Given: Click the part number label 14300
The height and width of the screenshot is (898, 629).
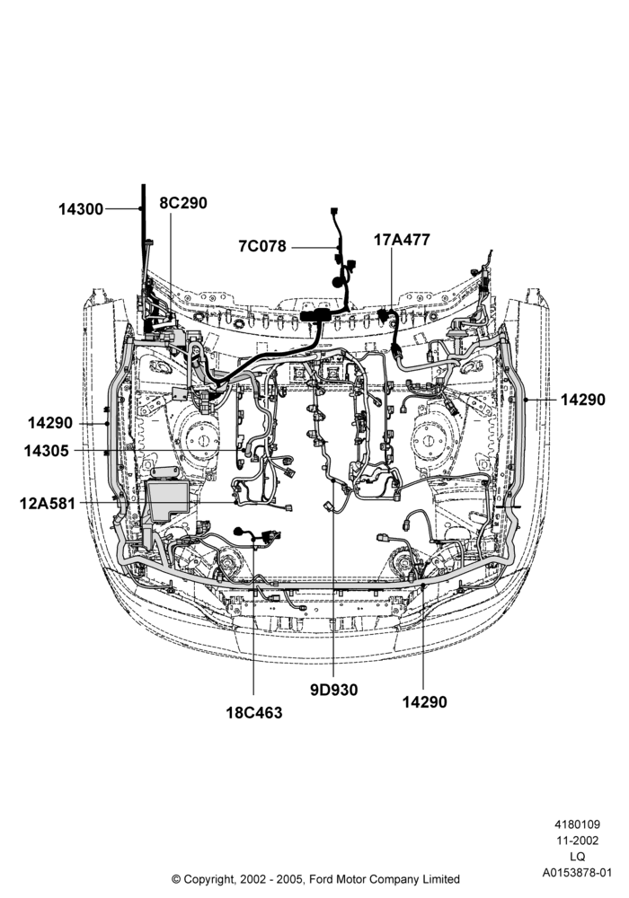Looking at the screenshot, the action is coord(81,209).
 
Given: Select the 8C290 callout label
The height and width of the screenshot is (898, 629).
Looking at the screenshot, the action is coord(183,203).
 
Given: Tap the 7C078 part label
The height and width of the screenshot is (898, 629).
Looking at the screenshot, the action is coord(262,246).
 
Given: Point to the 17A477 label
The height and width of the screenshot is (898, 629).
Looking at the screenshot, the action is coord(402,240).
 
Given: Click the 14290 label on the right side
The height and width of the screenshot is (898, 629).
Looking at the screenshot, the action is coord(582,400).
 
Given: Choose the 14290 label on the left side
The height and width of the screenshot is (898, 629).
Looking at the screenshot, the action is coord(50,423).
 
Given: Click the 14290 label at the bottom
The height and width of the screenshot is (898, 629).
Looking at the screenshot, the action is coord(424,701).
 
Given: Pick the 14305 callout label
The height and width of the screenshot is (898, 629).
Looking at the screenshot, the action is coord(47,452).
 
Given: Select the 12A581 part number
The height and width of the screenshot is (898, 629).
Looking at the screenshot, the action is coord(48,504).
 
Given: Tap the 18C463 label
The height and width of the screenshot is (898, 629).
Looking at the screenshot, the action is coord(254,713).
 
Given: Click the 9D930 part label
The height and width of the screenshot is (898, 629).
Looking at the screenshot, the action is coord(334,690).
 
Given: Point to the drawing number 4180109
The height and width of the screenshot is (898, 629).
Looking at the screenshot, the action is coord(578,824).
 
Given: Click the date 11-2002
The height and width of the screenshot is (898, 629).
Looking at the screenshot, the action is coord(578,841).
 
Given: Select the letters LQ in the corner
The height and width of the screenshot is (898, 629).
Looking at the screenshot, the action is coord(578,857).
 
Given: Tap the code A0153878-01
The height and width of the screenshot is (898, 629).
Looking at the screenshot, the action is coord(578,873).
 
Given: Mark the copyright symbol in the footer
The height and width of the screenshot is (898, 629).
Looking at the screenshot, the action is coord(176,879).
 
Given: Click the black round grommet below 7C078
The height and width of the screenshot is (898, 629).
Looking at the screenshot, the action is coord(337,282).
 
